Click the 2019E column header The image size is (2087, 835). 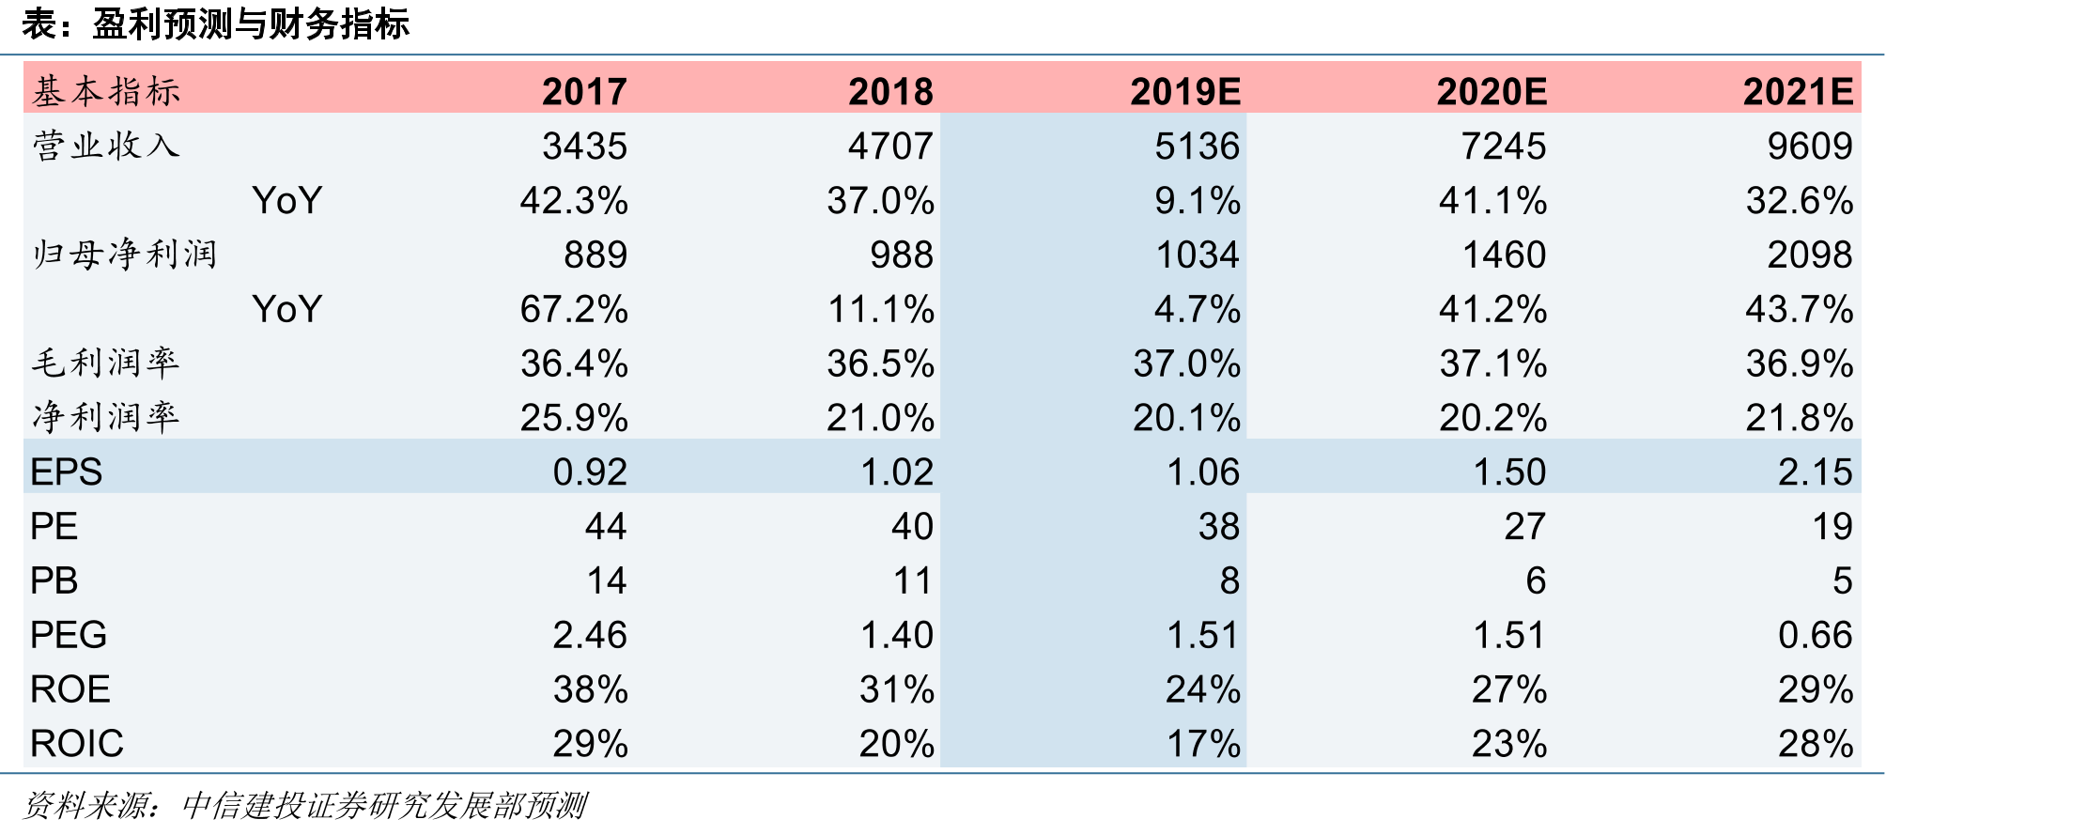[x=1185, y=91]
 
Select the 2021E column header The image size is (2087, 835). [x=1799, y=91]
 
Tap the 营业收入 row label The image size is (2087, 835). [x=106, y=146]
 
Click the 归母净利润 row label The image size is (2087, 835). [x=125, y=255]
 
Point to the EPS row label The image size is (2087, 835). [x=66, y=472]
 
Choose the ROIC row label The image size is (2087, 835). [x=77, y=743]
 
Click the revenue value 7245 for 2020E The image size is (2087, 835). [x=1504, y=146]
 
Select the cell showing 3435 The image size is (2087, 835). [x=585, y=146]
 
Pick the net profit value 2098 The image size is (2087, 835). [x=1810, y=255]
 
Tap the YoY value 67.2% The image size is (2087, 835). [x=574, y=309]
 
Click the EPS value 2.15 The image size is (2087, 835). [x=1816, y=472]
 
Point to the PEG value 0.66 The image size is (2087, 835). [x=1816, y=635]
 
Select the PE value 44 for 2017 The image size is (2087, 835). [x=606, y=526]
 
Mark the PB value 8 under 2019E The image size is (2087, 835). [x=1229, y=580]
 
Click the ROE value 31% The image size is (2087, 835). [x=897, y=689]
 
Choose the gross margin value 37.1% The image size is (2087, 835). [x=1493, y=363]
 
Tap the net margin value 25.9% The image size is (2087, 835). [x=574, y=418]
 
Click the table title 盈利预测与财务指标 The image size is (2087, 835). [x=251, y=24]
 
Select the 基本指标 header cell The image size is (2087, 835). [x=106, y=91]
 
